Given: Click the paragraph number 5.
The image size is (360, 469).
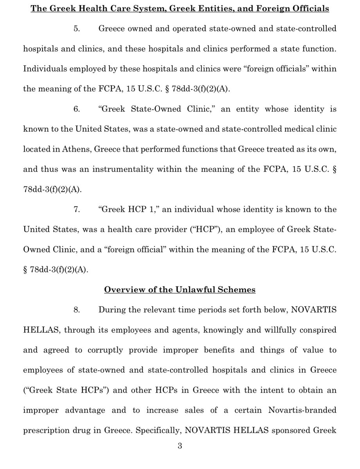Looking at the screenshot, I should click(x=76, y=29).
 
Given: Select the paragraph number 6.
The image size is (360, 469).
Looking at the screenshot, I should click(x=76, y=109).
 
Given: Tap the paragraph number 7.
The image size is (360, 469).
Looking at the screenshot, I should click(x=76, y=209).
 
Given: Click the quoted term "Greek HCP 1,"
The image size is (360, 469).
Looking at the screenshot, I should click(x=125, y=209).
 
